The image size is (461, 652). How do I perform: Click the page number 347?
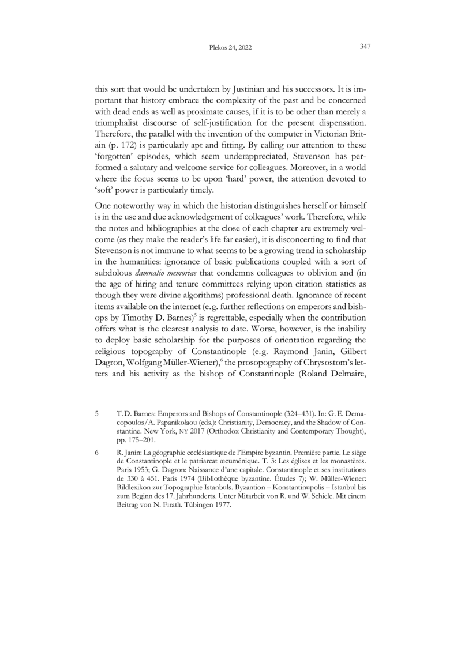(x=364, y=47)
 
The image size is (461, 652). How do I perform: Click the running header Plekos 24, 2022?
(x=230, y=48)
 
